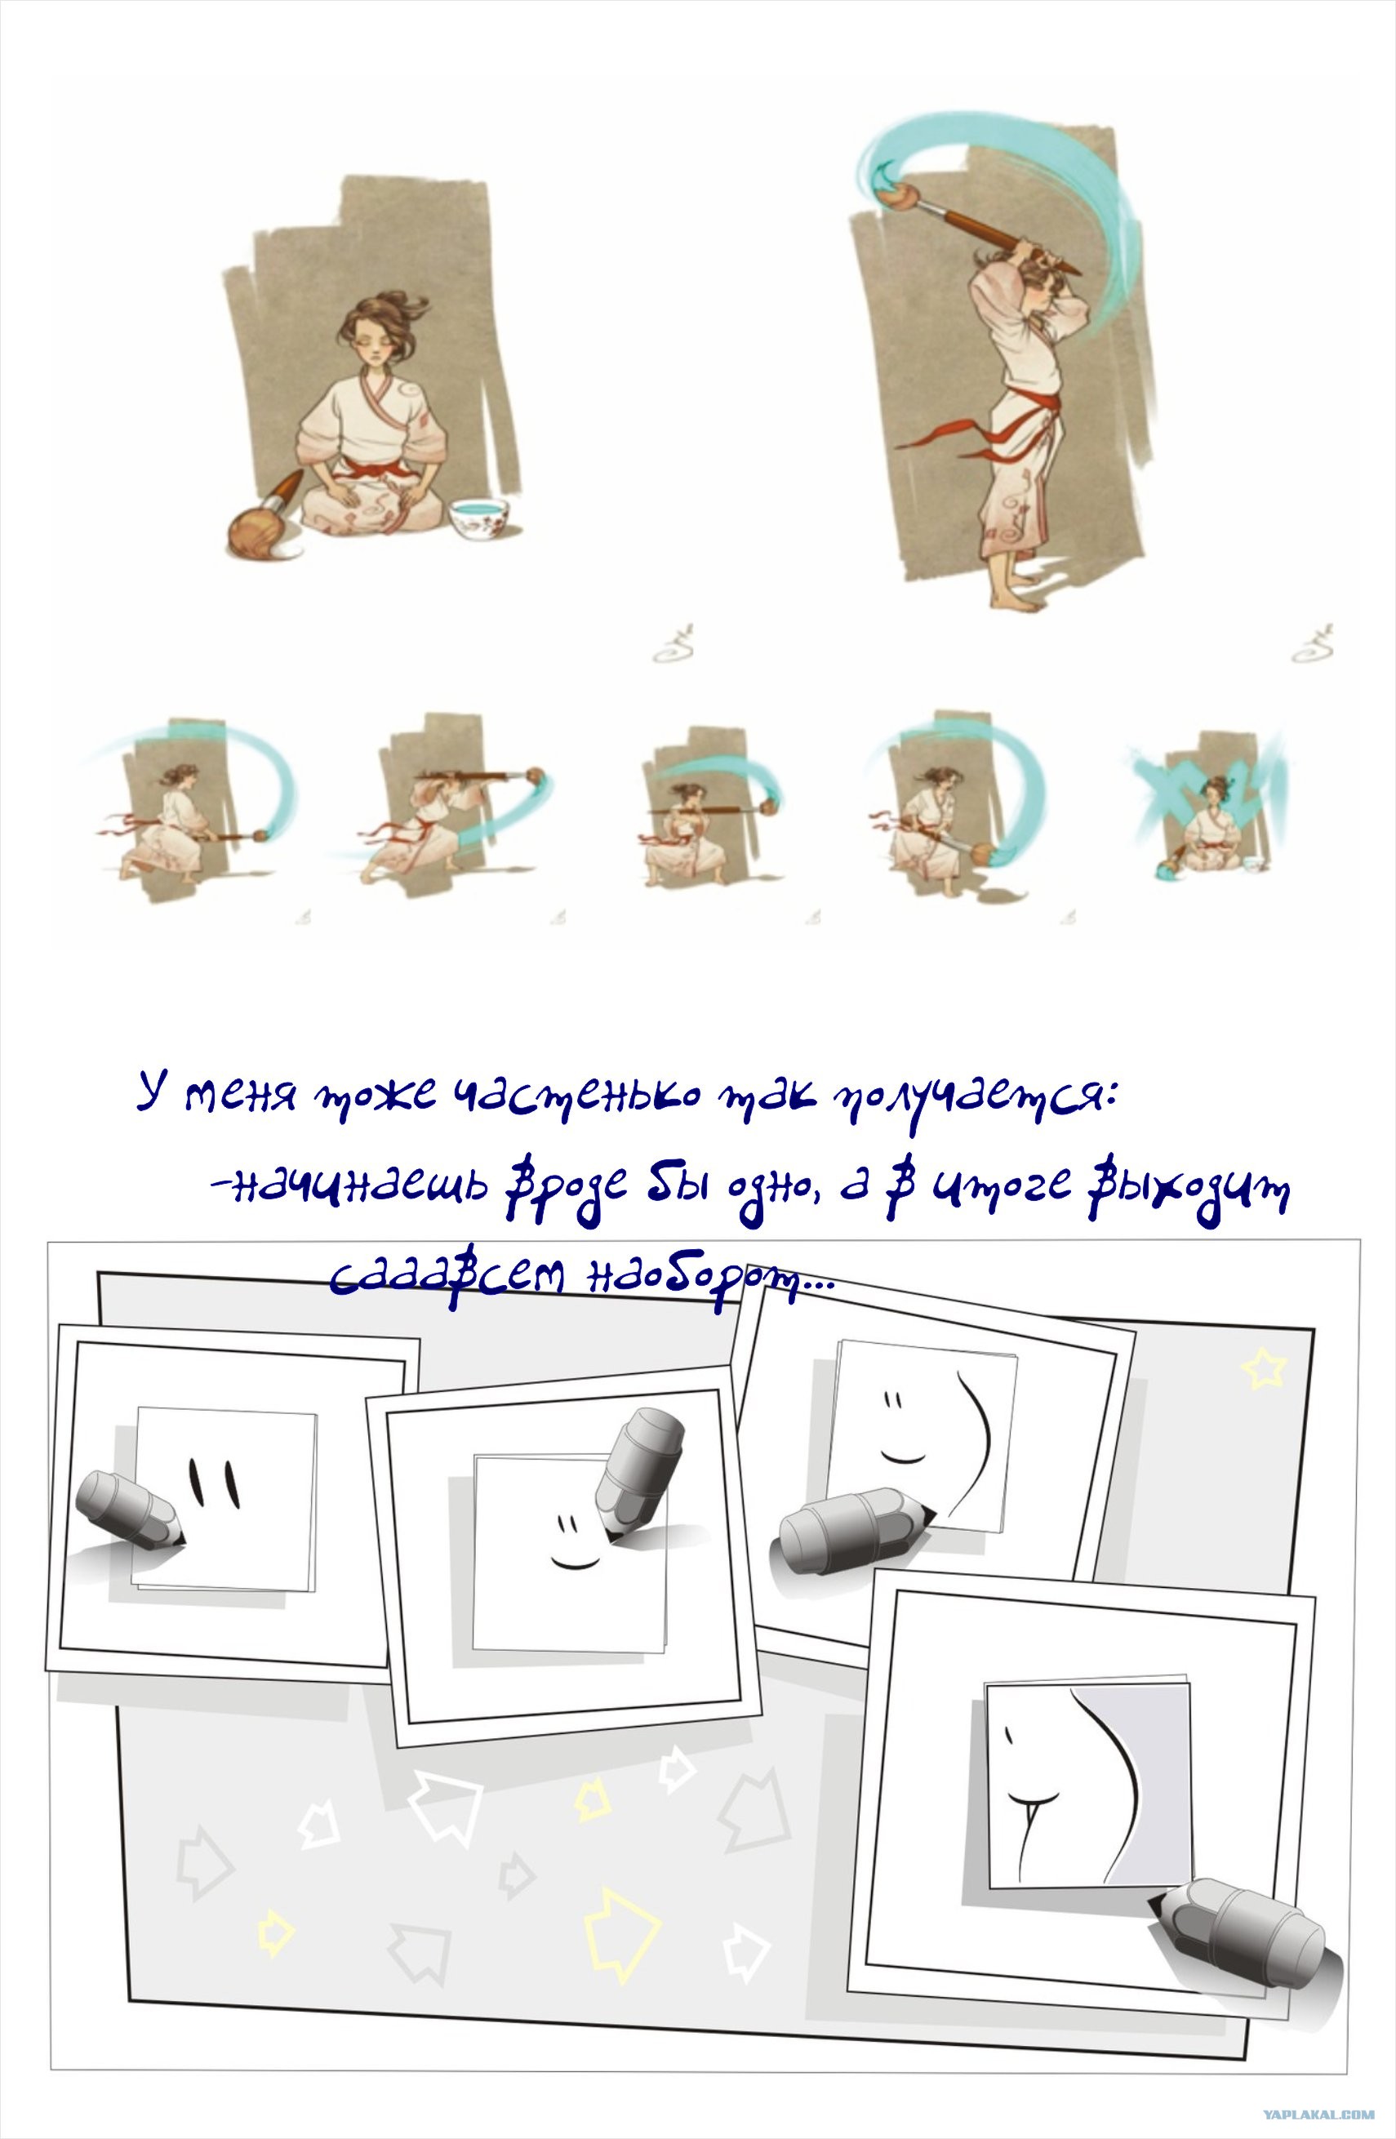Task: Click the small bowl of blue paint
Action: pyautogui.click(x=479, y=518)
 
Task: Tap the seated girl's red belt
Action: pyautogui.click(x=372, y=470)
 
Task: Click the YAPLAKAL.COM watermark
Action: pyautogui.click(x=1318, y=2115)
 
